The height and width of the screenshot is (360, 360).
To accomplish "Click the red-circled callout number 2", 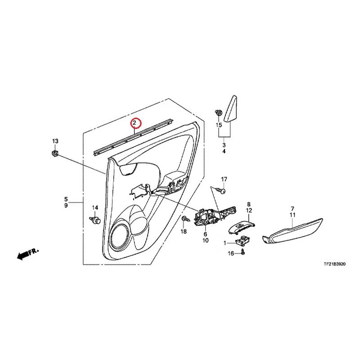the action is click(135, 123).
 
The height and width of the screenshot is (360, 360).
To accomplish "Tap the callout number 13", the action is click(55, 141).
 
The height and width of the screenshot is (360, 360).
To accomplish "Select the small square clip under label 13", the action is click(54, 153).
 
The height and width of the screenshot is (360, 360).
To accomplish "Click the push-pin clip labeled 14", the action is click(95, 220).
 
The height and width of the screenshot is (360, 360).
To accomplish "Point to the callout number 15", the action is click(219, 125).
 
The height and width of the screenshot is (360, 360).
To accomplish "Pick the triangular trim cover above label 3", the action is click(230, 109).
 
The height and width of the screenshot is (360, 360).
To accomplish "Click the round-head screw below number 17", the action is click(221, 190).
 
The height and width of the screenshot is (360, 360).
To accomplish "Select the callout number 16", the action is click(231, 253).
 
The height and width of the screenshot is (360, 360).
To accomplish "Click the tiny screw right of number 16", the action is click(243, 252).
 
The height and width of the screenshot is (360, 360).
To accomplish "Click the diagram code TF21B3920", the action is click(334, 264).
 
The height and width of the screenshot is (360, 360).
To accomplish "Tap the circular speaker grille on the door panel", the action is click(119, 237).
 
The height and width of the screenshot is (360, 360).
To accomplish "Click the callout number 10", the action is click(205, 240).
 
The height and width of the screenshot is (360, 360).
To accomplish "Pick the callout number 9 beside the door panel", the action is click(66, 205).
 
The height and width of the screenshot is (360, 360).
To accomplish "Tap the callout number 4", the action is click(224, 151).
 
